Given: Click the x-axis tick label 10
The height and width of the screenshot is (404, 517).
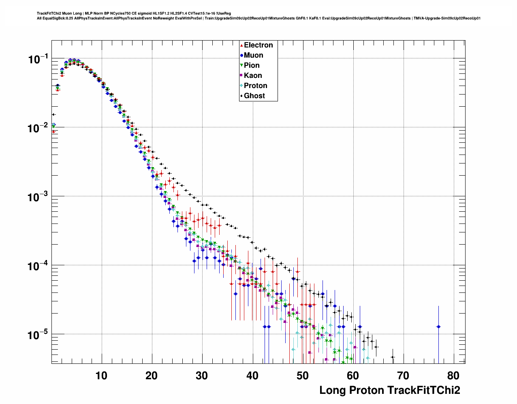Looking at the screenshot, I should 101,376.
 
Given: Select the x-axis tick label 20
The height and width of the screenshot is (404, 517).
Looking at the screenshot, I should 152,376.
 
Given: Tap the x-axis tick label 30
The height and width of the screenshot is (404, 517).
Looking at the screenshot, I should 202,376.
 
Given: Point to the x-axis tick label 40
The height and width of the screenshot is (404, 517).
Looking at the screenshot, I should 252,376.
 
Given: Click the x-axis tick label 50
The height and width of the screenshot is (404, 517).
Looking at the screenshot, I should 303,376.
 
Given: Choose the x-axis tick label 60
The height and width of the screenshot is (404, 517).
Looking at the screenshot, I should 353,376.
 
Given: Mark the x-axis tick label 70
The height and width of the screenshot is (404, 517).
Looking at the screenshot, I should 403,376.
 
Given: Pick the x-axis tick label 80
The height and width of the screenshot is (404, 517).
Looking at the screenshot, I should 453,376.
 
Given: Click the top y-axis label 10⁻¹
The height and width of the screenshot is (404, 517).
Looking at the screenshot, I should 38,59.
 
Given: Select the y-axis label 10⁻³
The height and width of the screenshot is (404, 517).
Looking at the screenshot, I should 38,197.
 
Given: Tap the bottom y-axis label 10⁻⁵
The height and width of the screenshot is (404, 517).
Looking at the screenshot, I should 38,335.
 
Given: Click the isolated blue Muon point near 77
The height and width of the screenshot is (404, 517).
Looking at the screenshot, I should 438,327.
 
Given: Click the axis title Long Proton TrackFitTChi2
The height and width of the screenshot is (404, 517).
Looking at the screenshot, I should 390,390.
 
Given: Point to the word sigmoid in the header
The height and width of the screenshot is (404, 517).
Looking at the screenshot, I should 145,13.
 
